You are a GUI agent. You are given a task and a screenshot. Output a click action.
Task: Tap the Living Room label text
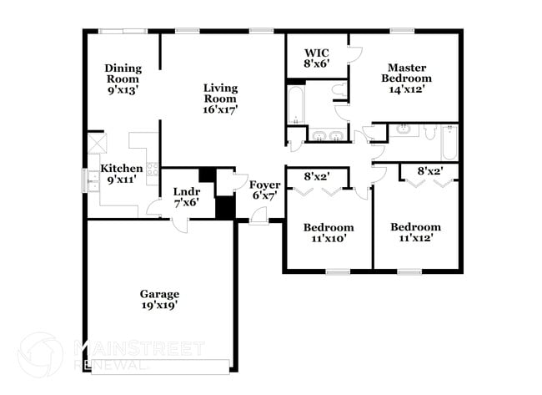point(221,98)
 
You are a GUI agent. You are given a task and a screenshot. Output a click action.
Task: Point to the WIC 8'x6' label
point(316,58)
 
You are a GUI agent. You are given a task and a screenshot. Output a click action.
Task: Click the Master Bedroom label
point(406,78)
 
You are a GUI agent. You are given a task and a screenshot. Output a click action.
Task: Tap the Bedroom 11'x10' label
point(328,233)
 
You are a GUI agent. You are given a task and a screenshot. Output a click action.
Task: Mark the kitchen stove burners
point(153,170)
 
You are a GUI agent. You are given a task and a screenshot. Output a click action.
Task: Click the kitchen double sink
point(89,180)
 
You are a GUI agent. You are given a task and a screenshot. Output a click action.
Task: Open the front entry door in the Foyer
point(259,216)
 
